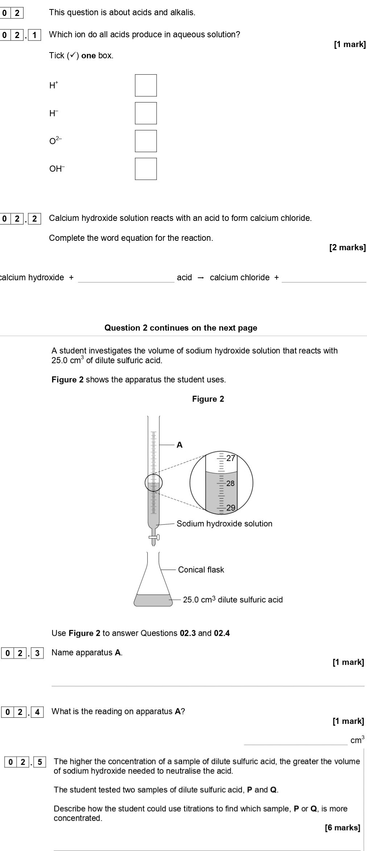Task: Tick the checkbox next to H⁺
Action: coord(146,85)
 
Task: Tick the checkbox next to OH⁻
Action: coord(146,169)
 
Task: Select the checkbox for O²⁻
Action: coord(146,141)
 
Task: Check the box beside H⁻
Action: coord(146,113)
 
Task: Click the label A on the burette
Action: coord(180,445)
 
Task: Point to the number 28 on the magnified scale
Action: coord(230,483)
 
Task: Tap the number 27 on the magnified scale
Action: coord(231,458)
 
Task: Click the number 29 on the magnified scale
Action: coord(231,508)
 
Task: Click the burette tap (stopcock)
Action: coord(154,537)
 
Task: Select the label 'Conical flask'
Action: coord(201,570)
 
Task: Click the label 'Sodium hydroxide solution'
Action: coord(224,524)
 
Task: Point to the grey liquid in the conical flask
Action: coord(153,600)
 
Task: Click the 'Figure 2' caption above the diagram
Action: coord(208,399)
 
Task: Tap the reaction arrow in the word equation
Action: coord(201,278)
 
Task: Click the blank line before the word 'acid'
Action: coord(126,279)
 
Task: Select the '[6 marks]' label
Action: coord(342,827)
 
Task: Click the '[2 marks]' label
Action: coord(347,248)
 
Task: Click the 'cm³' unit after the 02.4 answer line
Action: coord(357,740)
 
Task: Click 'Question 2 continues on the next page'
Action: coord(181,328)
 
